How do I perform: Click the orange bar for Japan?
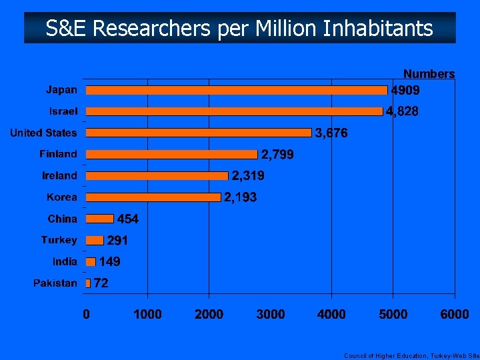point(237,90)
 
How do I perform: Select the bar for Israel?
point(235,111)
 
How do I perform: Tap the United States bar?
point(199,133)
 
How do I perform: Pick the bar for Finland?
point(171,154)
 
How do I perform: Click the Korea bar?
point(153,197)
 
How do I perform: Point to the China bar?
point(100,219)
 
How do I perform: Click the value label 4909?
point(405,90)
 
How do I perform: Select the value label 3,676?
point(331,133)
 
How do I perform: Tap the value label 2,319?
point(248,176)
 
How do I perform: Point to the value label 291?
point(117,240)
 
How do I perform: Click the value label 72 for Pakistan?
point(101,283)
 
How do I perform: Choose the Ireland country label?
point(60,176)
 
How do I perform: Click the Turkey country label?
point(59,240)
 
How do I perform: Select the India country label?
point(65,261)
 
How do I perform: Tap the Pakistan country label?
point(55,283)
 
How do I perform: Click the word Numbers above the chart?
point(429,74)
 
